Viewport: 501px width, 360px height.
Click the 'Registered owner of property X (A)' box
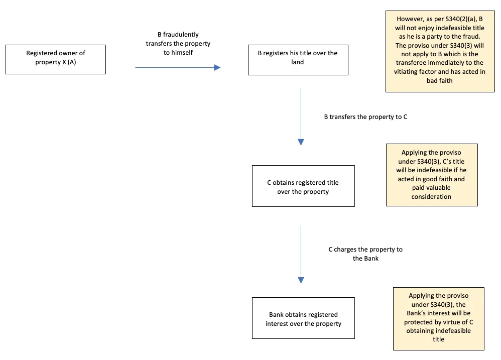point(56,59)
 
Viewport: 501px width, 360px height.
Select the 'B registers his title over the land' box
point(298,60)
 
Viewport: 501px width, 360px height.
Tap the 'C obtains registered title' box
point(303,186)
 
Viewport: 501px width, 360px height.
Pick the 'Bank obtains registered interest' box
point(303,318)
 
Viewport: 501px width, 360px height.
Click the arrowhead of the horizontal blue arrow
point(217,67)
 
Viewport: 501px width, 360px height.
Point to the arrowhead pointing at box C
point(301,142)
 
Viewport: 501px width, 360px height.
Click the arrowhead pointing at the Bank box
point(301,280)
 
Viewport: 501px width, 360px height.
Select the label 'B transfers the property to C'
point(365,117)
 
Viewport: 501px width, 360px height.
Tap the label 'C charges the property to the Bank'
point(365,254)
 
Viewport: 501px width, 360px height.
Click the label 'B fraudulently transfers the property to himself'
point(178,44)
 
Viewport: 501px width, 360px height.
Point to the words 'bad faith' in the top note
point(440,80)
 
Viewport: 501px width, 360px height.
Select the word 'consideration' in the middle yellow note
point(431,196)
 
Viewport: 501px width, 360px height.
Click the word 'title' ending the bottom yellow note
point(438,339)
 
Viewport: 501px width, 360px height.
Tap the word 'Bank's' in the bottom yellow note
point(416,313)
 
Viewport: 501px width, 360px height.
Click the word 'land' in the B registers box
point(298,62)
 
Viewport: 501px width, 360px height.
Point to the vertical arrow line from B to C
point(301,113)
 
